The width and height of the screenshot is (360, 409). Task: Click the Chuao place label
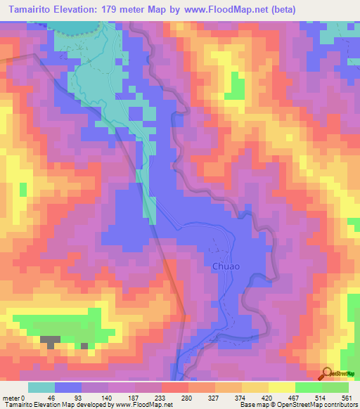tap(226, 266)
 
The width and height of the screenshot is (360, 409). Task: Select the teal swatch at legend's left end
tap(41, 388)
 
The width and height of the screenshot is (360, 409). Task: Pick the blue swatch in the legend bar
tap(68, 388)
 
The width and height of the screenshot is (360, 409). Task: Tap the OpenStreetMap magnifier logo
tap(328, 373)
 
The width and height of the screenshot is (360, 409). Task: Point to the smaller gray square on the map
tap(84, 346)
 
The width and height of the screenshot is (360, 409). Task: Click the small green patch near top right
tap(238, 88)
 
